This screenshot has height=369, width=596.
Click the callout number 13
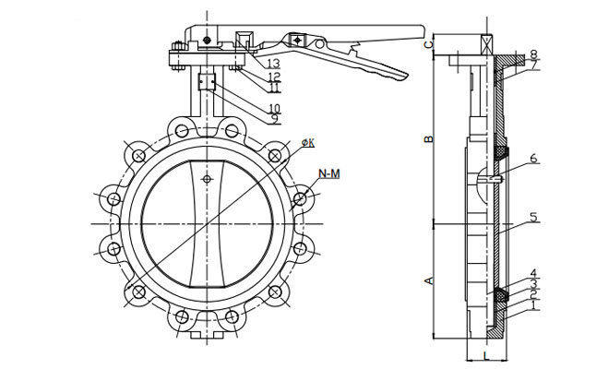tap(274, 63)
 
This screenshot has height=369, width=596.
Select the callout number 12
tap(274, 76)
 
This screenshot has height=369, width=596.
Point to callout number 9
tap(274, 119)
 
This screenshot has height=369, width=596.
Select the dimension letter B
tap(427, 139)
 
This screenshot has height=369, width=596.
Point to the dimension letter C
tap(427, 44)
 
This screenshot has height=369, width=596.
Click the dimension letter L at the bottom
tap(483, 356)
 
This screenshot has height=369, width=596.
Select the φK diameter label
tap(307, 141)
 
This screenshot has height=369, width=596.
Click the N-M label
tap(329, 173)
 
